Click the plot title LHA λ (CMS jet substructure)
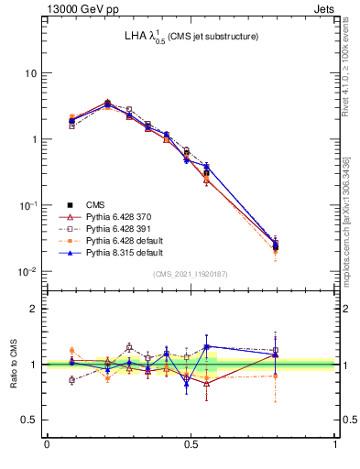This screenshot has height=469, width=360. tap(191, 37)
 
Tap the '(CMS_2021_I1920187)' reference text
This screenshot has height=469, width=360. tap(191, 274)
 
